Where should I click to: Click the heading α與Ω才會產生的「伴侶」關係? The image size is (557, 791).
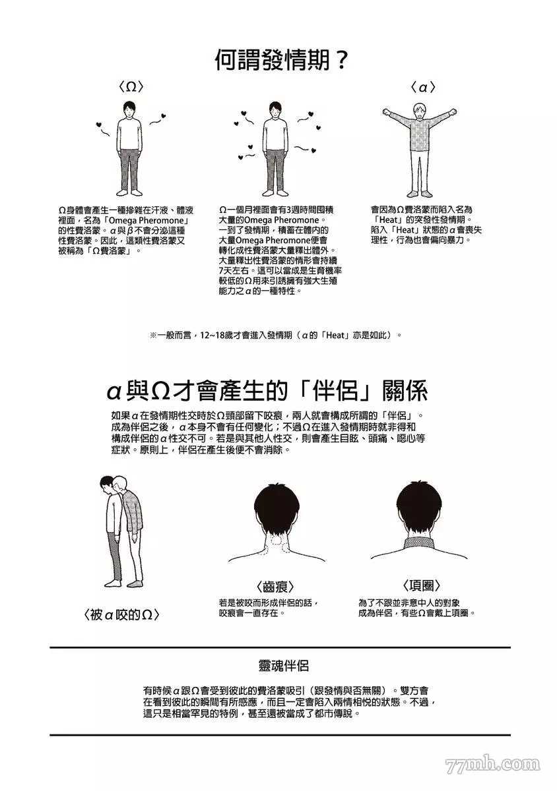point(267,391)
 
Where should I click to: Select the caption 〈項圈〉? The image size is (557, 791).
point(421,585)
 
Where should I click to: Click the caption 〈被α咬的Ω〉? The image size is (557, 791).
point(123,615)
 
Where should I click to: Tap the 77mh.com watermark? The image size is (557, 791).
point(492,765)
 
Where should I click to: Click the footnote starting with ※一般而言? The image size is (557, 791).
point(275,335)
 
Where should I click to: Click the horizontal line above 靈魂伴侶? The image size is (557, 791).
point(280,647)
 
